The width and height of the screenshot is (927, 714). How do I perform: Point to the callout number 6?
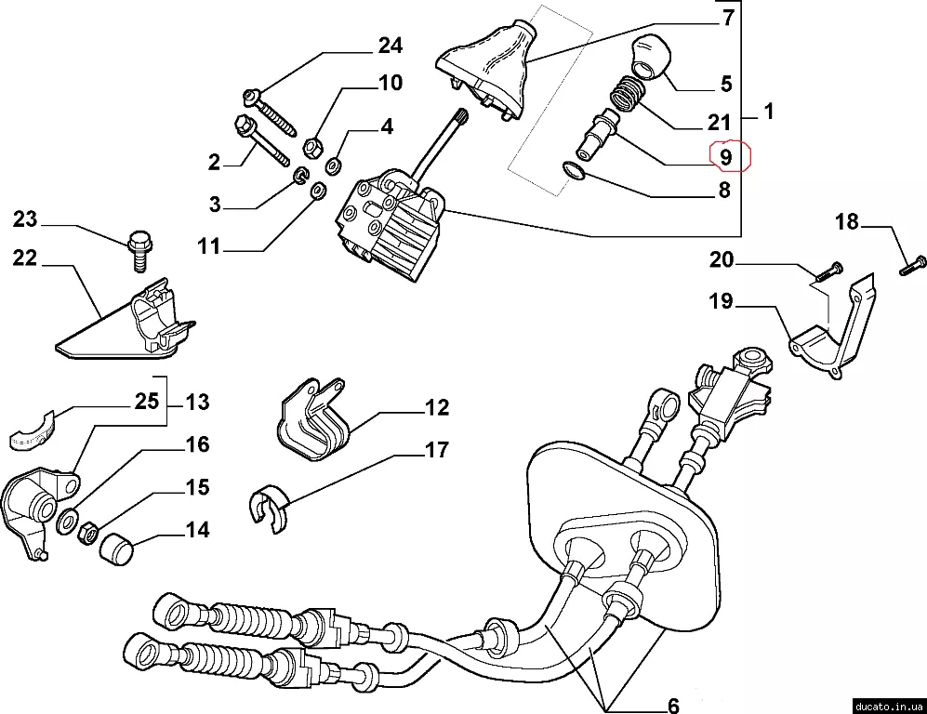672,704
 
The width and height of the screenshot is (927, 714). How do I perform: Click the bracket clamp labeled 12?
313,423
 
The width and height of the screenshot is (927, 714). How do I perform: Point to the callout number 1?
768,112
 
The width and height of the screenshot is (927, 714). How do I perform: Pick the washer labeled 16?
68,522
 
